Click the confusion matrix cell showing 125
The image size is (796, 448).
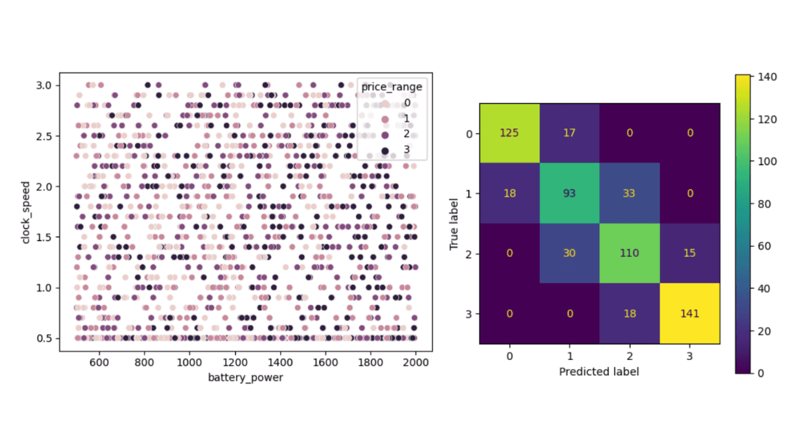click(x=510, y=133)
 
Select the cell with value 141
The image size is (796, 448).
click(x=690, y=314)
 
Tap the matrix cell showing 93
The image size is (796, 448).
click(x=570, y=193)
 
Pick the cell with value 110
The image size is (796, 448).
click(x=630, y=253)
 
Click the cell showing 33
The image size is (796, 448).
click(x=630, y=193)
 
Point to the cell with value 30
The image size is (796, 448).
click(x=570, y=253)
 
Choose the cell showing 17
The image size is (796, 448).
click(x=570, y=133)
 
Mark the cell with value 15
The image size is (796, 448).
click(x=690, y=253)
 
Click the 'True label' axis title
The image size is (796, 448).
click(x=454, y=223)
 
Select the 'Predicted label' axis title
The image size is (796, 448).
click(x=599, y=372)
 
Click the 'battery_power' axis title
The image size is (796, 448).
click(x=245, y=378)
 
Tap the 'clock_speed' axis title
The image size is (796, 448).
click(x=25, y=212)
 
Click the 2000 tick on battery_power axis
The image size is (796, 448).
click(x=415, y=363)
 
